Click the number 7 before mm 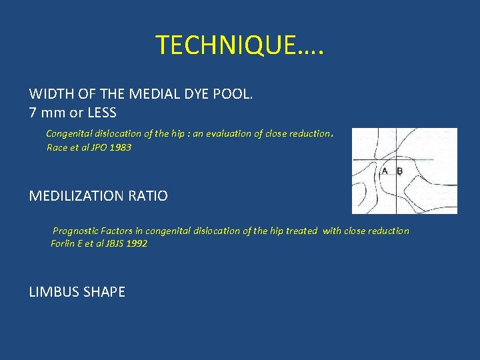33,112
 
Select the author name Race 57,147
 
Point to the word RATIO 148,196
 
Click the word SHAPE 104,292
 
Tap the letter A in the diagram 385,171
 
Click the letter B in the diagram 399,171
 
